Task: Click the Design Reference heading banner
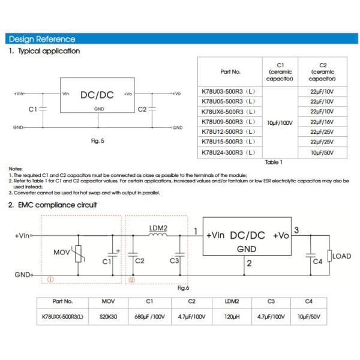tap(42, 39)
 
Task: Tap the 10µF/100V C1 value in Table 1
tap(279, 122)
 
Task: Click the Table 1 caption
tap(274, 162)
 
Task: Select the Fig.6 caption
tap(184, 288)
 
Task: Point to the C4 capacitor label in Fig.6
tap(317, 262)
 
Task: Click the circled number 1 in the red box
tap(50, 279)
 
